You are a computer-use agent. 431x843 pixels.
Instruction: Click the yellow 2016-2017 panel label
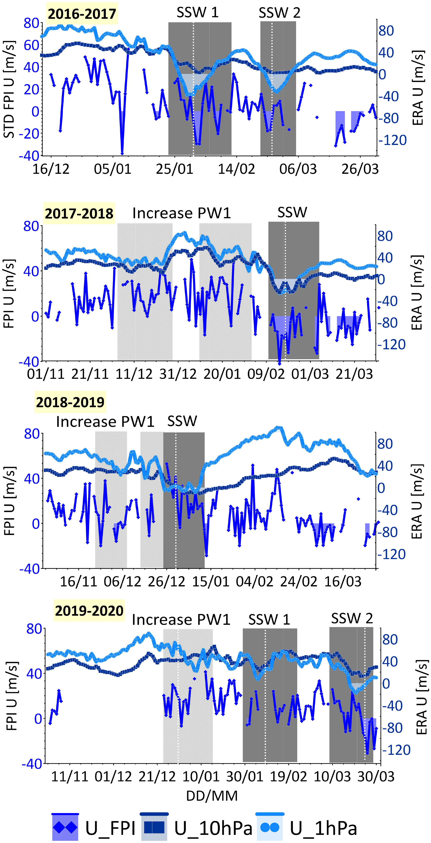tap(82, 14)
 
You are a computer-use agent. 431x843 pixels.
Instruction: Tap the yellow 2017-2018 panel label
tap(79, 213)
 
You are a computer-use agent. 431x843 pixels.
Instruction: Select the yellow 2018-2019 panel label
tap(70, 402)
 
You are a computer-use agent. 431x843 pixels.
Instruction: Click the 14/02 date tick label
tap(236, 169)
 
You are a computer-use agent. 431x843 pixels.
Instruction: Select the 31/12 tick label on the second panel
tap(178, 374)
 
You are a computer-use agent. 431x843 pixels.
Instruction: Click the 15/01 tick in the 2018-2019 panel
tap(211, 582)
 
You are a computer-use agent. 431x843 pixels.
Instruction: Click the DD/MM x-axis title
tap(212, 796)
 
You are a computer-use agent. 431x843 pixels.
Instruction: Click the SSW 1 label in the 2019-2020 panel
tap(269, 619)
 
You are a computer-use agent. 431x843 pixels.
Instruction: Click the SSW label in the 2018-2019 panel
tap(182, 421)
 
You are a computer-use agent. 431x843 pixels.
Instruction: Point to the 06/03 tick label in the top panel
tap(298, 169)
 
